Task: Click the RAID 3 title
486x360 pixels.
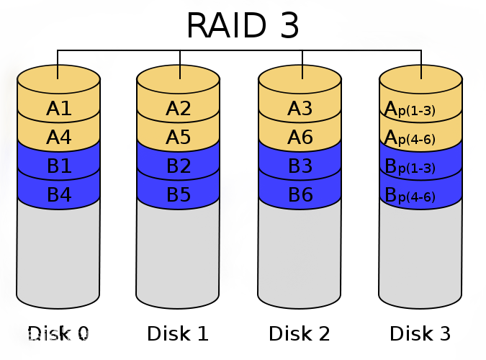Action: point(243,25)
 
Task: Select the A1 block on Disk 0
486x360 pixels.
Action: point(58,109)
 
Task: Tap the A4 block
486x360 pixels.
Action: point(58,137)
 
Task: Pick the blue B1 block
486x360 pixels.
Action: point(58,166)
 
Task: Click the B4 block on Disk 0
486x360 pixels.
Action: point(58,194)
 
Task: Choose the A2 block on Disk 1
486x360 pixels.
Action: point(179,109)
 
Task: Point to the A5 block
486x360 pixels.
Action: point(179,137)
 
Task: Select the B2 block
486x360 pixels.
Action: point(179,166)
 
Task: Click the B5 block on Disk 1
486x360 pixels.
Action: point(179,194)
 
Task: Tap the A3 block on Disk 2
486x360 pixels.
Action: point(300,109)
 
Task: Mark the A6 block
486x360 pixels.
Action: point(300,137)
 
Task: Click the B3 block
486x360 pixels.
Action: point(300,166)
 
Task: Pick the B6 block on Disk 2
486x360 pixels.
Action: point(300,194)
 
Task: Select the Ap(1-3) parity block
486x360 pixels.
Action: point(420,109)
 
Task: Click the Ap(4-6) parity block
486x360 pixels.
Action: point(420,138)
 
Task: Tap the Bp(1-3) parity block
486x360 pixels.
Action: point(420,166)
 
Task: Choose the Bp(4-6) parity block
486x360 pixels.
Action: point(420,195)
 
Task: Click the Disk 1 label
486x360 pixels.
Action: point(178,334)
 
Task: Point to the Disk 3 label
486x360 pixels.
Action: point(420,334)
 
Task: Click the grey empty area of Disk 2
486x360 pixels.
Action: point(300,252)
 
